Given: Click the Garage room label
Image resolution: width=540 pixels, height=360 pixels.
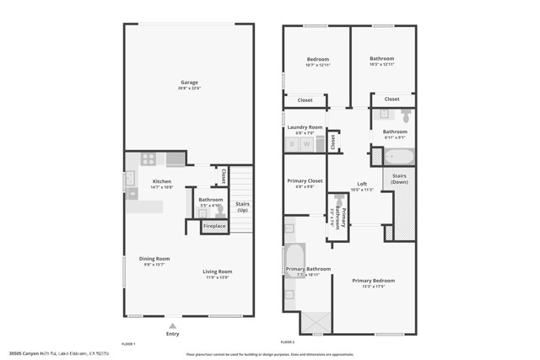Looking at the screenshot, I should point(188,83).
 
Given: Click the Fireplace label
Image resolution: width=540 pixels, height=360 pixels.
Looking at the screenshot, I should point(214,226).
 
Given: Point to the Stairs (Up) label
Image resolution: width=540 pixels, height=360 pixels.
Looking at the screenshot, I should point(242,207).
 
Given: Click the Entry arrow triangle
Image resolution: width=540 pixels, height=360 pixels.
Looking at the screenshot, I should point(173,325).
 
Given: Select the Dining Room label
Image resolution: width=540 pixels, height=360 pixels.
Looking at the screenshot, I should point(155,259).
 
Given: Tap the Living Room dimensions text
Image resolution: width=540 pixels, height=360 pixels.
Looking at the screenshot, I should point(216,277).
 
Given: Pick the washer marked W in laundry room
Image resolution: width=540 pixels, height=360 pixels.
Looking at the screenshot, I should point(308,144).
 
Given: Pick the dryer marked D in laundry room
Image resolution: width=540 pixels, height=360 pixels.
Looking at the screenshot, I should point(293,144).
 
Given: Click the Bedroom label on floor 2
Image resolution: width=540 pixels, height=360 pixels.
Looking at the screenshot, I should point(317,59).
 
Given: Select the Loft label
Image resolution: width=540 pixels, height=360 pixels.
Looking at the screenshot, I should point(362,184).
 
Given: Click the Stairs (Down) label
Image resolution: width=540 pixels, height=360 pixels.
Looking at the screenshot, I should point(400,179).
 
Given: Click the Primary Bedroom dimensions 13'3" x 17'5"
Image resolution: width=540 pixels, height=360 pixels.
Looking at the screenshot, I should point(373,287).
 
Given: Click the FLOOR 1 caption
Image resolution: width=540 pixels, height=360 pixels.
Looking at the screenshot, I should point(129,344).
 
